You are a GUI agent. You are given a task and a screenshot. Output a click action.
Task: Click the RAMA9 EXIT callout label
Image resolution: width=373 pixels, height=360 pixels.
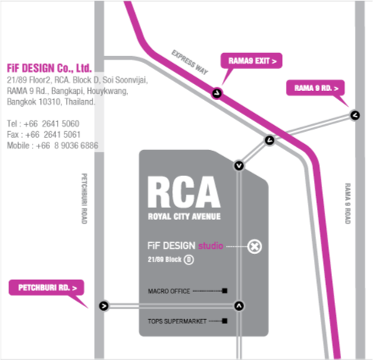[252, 61]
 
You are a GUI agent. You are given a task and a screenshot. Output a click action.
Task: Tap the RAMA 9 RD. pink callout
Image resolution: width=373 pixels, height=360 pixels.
[315, 88]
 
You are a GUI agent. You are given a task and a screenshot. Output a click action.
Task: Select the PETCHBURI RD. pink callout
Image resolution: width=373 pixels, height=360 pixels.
[46, 287]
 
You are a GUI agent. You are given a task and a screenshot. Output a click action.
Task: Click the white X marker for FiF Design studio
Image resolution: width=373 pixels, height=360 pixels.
[255, 246]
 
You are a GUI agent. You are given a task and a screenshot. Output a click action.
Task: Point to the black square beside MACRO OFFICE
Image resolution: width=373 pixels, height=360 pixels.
[224, 291]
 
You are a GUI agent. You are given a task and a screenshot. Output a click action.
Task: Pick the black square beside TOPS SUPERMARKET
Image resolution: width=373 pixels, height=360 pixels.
[224, 321]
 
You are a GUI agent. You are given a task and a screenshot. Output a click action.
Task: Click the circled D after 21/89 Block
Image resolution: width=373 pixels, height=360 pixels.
[189, 260]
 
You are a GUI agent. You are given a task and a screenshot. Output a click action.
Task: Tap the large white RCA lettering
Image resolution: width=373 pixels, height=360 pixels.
[183, 192]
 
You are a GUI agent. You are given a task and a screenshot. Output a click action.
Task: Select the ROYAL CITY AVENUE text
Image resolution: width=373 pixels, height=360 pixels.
[184, 217]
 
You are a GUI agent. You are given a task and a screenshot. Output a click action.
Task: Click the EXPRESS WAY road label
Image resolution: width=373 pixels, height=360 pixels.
[190, 62]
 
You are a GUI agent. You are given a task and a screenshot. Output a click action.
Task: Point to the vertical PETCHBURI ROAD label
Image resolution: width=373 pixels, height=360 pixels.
[84, 199]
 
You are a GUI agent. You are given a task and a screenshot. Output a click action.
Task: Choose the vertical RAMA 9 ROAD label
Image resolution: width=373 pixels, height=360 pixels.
[348, 204]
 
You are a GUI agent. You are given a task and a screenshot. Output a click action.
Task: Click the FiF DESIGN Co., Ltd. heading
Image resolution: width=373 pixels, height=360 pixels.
[49, 68]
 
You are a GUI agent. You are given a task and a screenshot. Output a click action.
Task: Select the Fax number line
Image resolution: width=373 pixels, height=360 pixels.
[43, 135]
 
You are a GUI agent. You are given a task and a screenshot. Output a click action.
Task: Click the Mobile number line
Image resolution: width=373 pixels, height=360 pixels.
[52, 146]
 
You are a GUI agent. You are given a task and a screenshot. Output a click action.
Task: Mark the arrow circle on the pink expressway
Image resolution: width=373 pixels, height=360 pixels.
[217, 93]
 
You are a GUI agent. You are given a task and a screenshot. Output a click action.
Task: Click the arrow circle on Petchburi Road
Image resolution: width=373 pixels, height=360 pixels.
[104, 306]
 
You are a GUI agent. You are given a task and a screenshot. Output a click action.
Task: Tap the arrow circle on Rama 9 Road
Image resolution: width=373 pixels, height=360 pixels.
[355, 115]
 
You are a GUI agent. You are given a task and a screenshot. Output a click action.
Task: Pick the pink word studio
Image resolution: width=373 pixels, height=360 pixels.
[211, 246]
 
